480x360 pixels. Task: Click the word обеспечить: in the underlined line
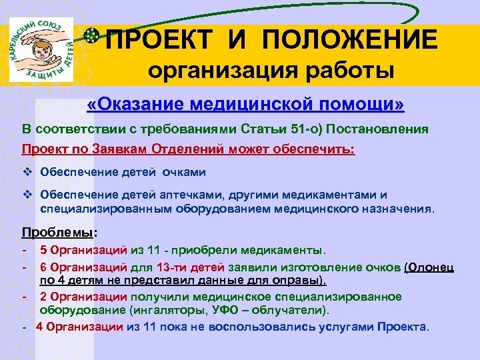pos(317,149)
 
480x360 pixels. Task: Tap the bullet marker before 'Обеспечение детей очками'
pos(28,172)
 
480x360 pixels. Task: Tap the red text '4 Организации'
pos(79,327)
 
